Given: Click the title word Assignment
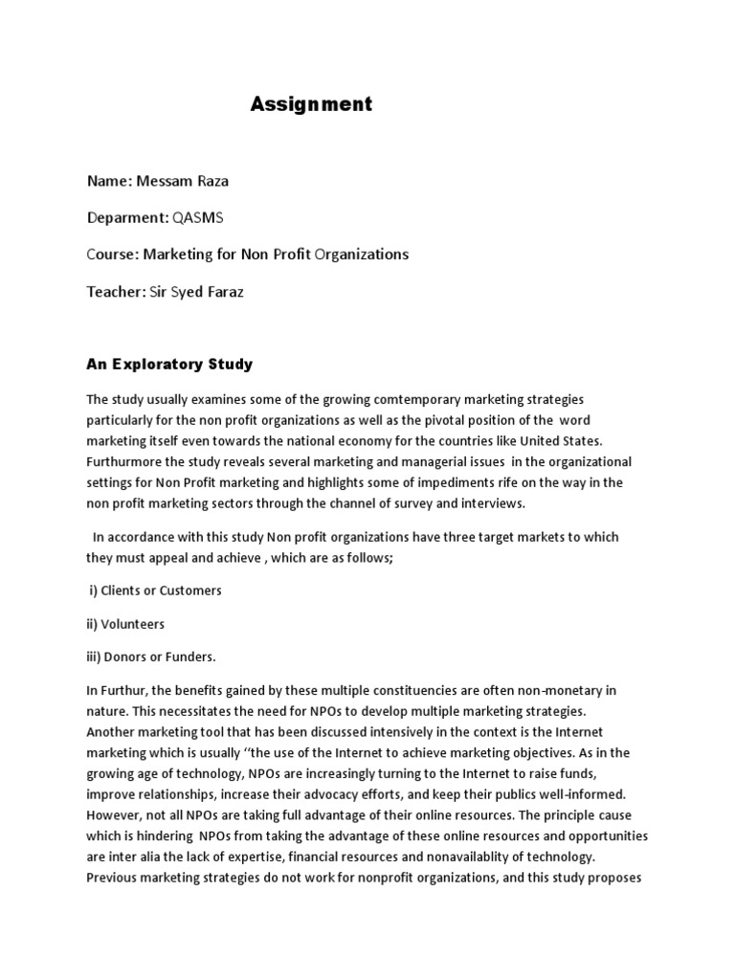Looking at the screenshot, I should click(x=311, y=104).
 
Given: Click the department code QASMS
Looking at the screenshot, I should click(x=198, y=217).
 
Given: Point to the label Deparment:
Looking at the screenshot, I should click(x=128, y=217).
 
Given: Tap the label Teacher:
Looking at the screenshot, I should click(x=116, y=291).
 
